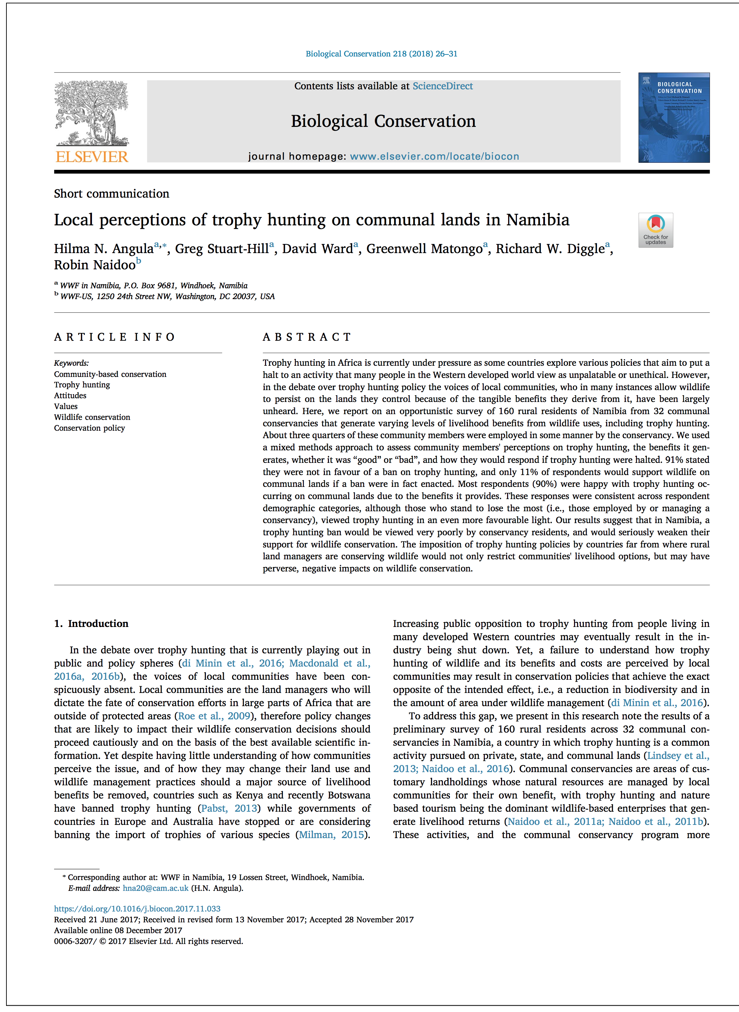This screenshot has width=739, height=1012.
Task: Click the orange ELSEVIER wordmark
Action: (x=92, y=157)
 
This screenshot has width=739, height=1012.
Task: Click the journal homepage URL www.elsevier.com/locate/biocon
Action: (x=434, y=156)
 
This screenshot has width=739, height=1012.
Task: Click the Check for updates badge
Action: (x=655, y=230)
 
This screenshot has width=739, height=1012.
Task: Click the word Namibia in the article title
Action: (x=538, y=220)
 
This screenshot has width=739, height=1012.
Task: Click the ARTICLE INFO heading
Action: (x=115, y=337)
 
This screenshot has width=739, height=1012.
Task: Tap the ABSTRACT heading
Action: (x=307, y=337)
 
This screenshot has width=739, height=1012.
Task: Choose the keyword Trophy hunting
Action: (x=82, y=384)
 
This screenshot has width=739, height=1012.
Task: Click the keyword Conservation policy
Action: (x=90, y=428)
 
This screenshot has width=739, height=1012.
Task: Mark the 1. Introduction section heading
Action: (x=91, y=624)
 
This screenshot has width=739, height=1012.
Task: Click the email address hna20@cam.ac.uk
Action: (x=155, y=888)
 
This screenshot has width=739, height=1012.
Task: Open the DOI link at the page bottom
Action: (x=137, y=908)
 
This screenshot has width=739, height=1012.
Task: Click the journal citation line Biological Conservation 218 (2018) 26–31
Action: (x=381, y=54)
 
